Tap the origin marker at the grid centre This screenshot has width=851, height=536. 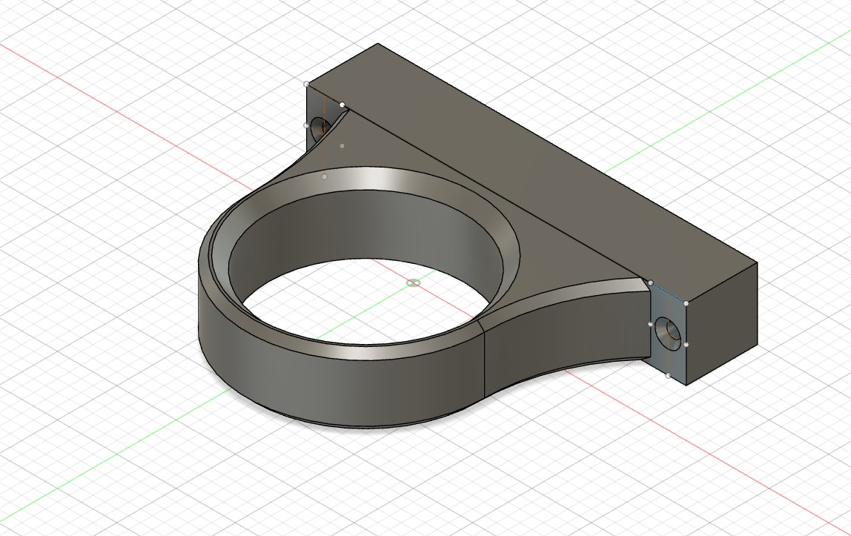pos(414,282)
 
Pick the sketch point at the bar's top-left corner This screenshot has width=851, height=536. pos(307,85)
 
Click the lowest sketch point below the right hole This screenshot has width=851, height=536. pos(668,376)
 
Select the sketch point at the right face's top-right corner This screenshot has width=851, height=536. pos(686,303)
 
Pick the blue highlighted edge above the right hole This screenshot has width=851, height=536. pos(669,294)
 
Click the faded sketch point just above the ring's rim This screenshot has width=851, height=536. pos(324,176)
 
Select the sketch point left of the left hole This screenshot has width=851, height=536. pos(307,125)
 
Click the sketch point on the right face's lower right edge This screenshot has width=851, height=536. pos(686,345)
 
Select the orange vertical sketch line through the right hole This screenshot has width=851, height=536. pos(669,356)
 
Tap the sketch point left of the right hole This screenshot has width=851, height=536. pos(651,324)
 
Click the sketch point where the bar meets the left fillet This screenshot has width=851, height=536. pos(342,105)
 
